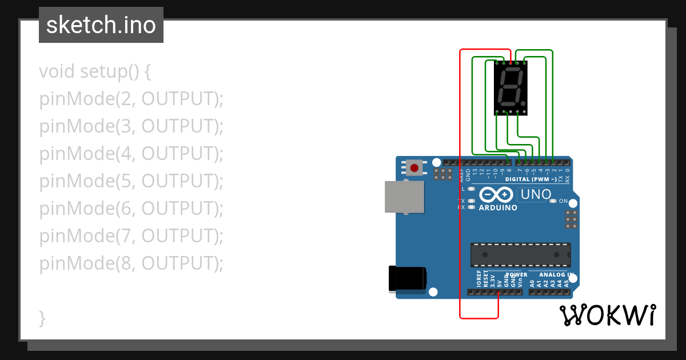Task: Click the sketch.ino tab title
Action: (101, 25)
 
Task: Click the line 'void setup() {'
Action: (95, 72)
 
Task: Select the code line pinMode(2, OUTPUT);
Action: (131, 99)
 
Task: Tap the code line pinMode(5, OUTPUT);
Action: (131, 181)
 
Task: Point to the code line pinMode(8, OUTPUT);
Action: (131, 263)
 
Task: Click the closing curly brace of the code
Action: (42, 318)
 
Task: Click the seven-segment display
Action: (510, 88)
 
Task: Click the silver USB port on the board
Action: (404, 197)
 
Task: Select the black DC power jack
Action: (406, 278)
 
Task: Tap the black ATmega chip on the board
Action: (520, 255)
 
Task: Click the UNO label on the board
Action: (536, 194)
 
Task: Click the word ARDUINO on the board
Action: (498, 208)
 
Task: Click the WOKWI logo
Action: (607, 315)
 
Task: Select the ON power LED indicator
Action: (553, 201)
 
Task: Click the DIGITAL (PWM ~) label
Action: (531, 179)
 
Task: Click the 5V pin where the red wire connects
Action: (498, 292)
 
